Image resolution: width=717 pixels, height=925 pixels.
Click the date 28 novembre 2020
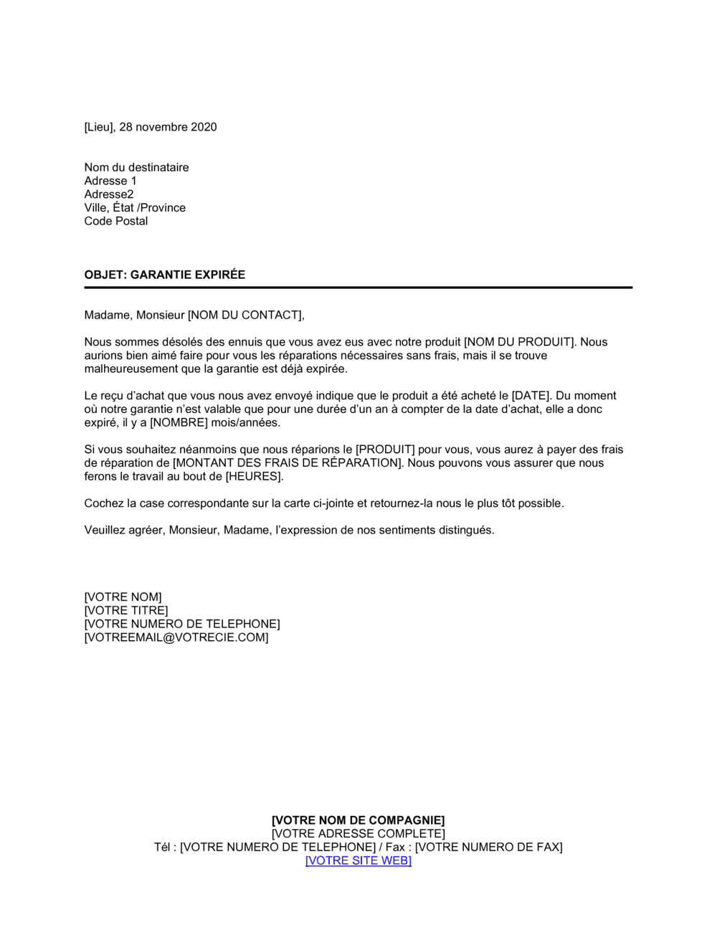(x=168, y=127)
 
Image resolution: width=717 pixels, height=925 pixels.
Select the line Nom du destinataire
(x=136, y=167)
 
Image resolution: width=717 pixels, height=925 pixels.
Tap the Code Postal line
(x=115, y=221)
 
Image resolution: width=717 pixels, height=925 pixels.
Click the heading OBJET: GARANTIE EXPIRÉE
(x=164, y=275)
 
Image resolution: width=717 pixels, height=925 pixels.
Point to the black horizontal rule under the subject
(x=358, y=288)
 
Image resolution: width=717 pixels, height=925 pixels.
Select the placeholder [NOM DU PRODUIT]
(x=520, y=342)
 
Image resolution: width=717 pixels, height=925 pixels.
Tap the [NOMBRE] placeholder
(x=179, y=422)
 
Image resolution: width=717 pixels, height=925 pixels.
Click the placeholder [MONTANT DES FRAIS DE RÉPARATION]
(x=287, y=463)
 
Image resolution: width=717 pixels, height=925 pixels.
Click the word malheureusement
(x=131, y=369)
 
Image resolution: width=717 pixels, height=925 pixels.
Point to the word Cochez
(x=103, y=503)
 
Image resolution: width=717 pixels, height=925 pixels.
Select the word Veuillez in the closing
(x=105, y=530)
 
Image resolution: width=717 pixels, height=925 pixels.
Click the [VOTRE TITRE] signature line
(x=126, y=610)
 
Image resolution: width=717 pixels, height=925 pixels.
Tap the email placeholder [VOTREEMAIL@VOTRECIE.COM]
(x=176, y=637)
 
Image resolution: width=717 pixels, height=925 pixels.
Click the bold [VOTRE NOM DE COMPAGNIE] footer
(x=358, y=820)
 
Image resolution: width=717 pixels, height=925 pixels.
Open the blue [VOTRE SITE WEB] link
(x=358, y=860)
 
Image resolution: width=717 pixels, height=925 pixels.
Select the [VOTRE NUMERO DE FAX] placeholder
(x=488, y=847)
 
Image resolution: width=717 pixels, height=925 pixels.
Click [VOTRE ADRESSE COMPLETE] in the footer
(x=358, y=834)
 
